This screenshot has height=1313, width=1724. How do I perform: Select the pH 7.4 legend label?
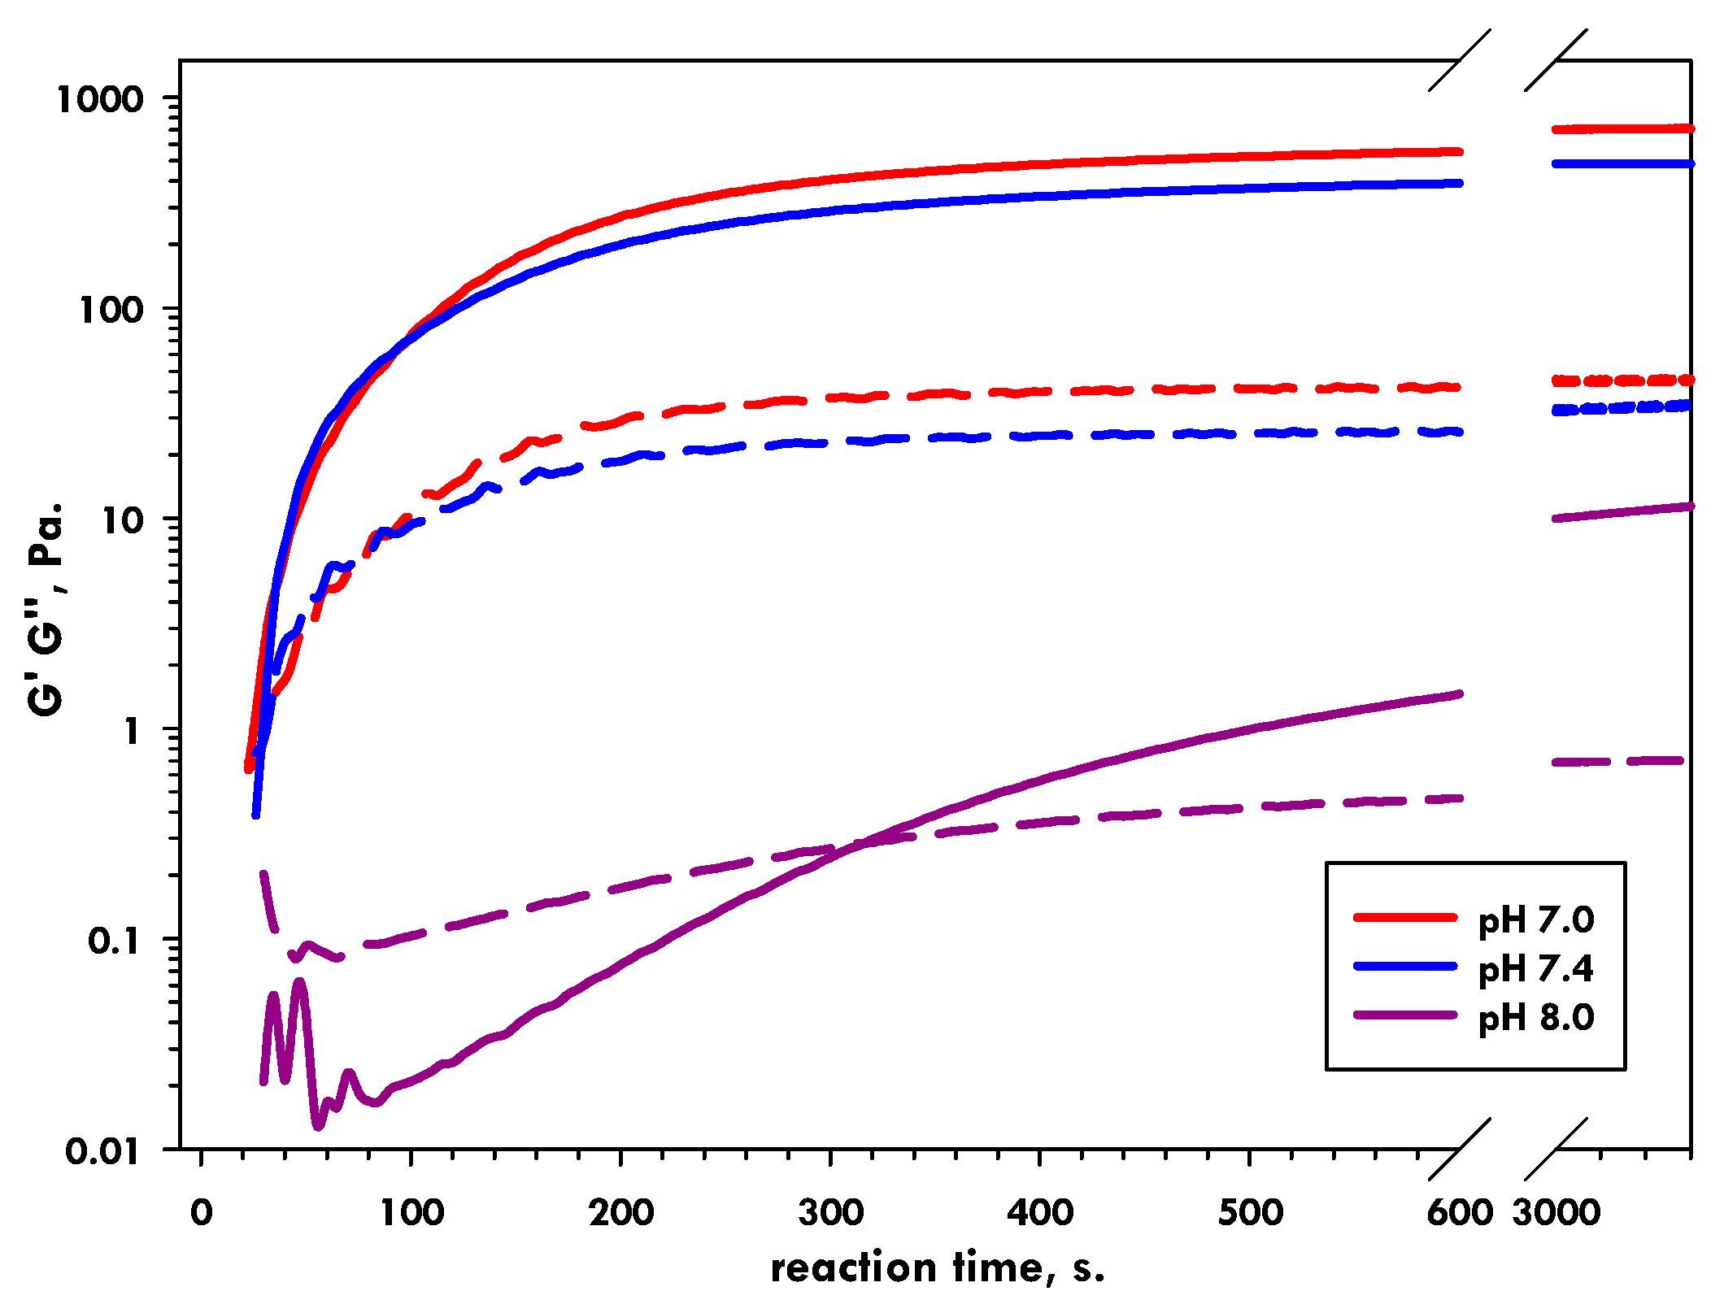(x=1535, y=969)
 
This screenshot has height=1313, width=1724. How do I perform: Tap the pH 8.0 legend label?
(x=1535, y=1017)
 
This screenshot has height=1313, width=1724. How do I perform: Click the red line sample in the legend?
(x=1404, y=917)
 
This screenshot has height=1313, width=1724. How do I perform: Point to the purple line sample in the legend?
(x=1404, y=1015)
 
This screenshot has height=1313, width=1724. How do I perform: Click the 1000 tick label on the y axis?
(x=99, y=99)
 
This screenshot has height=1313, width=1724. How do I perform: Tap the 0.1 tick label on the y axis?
(x=114, y=941)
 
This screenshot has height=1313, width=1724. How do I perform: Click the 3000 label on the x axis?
(x=1556, y=1212)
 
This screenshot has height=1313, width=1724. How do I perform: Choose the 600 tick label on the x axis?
(x=1460, y=1212)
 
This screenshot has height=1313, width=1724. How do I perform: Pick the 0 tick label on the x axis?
(x=201, y=1212)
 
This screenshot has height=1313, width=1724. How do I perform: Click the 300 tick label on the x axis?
(x=830, y=1212)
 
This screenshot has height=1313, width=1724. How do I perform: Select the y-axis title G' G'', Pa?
(x=46, y=610)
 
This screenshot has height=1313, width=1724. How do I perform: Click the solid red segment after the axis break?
(x=1622, y=128)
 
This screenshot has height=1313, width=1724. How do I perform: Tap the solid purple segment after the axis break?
(x=1622, y=512)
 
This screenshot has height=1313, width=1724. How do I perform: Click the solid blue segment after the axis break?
(x=1622, y=163)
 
